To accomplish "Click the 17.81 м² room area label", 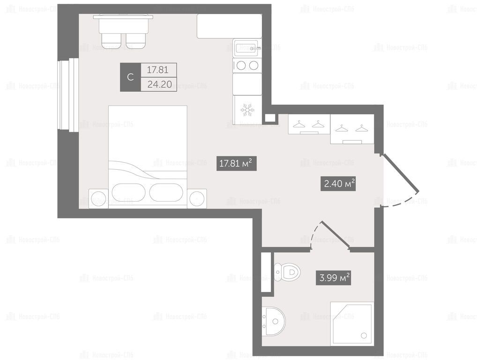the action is (236, 164).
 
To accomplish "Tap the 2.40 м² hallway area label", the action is (338, 184).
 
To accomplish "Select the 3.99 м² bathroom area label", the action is (334, 278).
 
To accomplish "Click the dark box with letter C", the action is (131, 77).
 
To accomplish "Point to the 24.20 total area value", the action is (159, 84).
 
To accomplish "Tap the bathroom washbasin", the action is (274, 322).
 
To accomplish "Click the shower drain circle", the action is (364, 336).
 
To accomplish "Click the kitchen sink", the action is (247, 48).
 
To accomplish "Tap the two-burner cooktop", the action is (247, 65).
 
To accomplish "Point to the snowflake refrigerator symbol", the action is (247, 110).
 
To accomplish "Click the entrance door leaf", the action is (400, 174).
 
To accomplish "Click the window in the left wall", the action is (68, 95).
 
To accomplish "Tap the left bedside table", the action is (98, 199).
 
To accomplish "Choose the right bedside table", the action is (197, 199).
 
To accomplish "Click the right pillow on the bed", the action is (166, 192).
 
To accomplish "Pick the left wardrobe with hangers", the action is (309, 125).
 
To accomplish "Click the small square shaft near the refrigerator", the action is (269, 118).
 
